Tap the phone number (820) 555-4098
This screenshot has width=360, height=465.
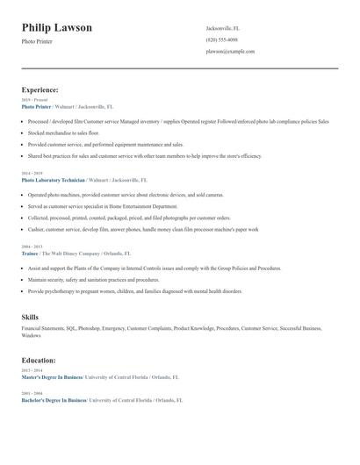(x=221, y=39)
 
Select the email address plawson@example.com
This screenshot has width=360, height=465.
(x=230, y=51)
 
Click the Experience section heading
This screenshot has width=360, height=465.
(x=40, y=89)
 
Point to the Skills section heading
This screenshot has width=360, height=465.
(x=30, y=316)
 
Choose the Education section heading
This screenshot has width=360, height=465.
(x=39, y=360)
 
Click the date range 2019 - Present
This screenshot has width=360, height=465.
(x=35, y=100)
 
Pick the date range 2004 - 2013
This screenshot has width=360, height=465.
(x=32, y=247)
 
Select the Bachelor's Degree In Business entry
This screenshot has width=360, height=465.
(x=54, y=399)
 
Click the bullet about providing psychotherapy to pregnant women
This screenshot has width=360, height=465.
(x=134, y=290)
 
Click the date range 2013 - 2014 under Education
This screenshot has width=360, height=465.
(x=32, y=370)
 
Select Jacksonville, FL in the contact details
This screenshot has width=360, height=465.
(x=222, y=28)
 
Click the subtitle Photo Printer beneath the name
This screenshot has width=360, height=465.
(x=37, y=41)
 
